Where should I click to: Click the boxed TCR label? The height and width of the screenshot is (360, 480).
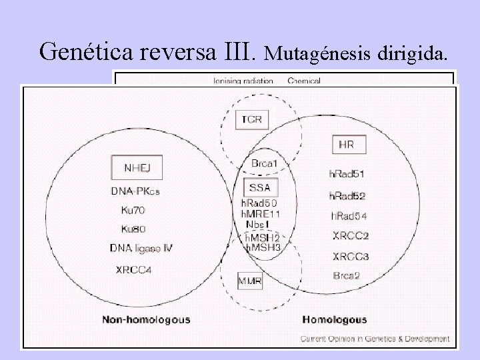(252, 120)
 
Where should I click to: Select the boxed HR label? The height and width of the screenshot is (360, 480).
(347, 144)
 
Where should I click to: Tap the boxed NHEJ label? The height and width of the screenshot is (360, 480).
(137, 167)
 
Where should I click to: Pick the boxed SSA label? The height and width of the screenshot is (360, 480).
(256, 187)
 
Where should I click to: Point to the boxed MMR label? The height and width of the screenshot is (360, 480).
(250, 281)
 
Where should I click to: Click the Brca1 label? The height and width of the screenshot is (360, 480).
(265, 163)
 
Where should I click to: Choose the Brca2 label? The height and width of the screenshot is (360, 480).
(347, 275)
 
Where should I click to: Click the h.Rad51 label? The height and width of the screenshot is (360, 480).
(347, 174)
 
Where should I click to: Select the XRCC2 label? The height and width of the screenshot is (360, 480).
(351, 235)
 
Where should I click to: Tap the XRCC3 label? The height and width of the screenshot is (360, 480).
(351, 256)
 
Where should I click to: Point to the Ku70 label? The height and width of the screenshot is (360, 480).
(133, 210)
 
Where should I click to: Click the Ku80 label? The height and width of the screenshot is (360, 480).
(133, 229)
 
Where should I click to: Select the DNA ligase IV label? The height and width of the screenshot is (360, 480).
(141, 249)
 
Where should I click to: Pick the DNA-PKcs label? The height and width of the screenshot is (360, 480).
(135, 191)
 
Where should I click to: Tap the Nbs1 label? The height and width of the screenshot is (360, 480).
(257, 225)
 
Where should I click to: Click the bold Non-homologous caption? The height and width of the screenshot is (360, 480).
(146, 319)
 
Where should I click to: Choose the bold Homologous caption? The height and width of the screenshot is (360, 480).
(335, 319)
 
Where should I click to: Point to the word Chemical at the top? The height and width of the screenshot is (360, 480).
(305, 81)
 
